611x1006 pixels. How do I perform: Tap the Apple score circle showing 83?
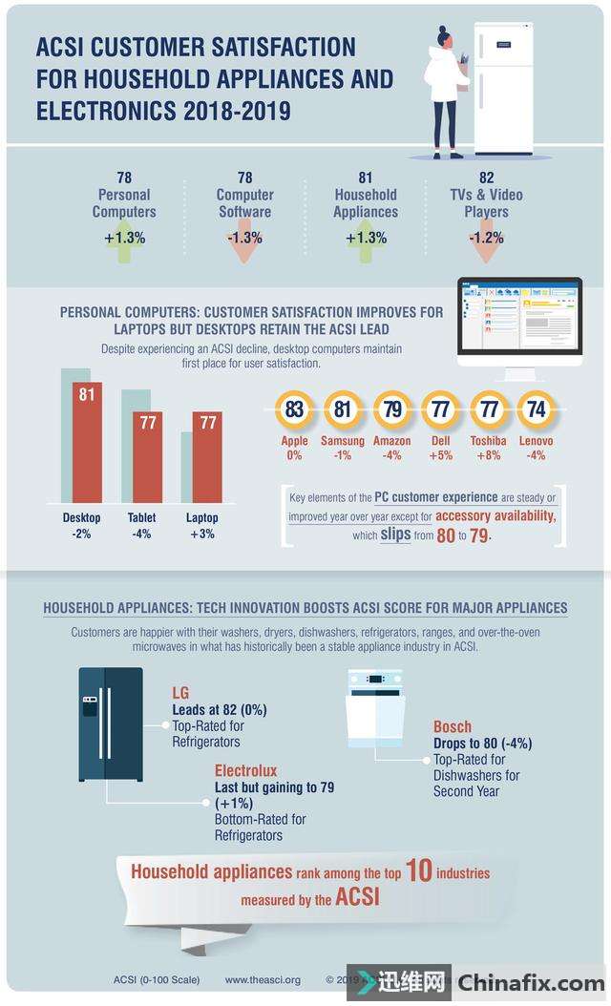294,410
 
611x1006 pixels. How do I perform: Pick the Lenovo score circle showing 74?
536,410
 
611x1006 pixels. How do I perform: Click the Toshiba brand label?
488,441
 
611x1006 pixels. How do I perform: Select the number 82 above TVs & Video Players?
486,178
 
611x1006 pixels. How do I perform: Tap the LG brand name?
181,692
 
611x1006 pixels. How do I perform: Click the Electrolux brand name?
245,768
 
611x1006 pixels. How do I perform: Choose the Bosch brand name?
453,727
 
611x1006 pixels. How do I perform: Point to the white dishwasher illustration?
375,707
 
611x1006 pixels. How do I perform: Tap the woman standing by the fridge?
444,91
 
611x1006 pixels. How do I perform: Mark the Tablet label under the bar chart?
141,518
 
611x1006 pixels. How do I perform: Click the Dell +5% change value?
440,455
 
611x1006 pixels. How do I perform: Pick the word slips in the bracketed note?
395,535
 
